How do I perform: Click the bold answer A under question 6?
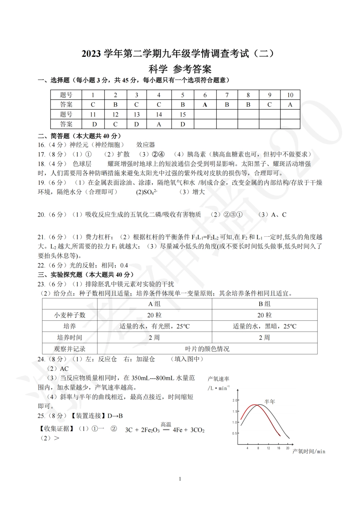click(x=205, y=105)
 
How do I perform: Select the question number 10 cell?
click(x=290, y=95)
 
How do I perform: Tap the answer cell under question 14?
click(x=159, y=124)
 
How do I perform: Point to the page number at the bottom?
click(x=180, y=479)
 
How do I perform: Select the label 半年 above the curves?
click(x=269, y=401)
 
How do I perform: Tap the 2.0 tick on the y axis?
click(x=235, y=400)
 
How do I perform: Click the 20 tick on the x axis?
click(x=288, y=448)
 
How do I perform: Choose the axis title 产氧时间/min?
click(x=309, y=451)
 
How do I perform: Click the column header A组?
click(x=154, y=304)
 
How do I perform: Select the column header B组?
click(x=264, y=304)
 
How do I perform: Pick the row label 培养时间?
click(x=70, y=337)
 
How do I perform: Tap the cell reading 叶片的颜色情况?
click(x=207, y=349)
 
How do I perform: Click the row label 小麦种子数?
click(x=70, y=315)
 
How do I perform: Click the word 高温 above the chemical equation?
click(x=166, y=425)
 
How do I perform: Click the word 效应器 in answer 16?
click(x=146, y=145)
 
